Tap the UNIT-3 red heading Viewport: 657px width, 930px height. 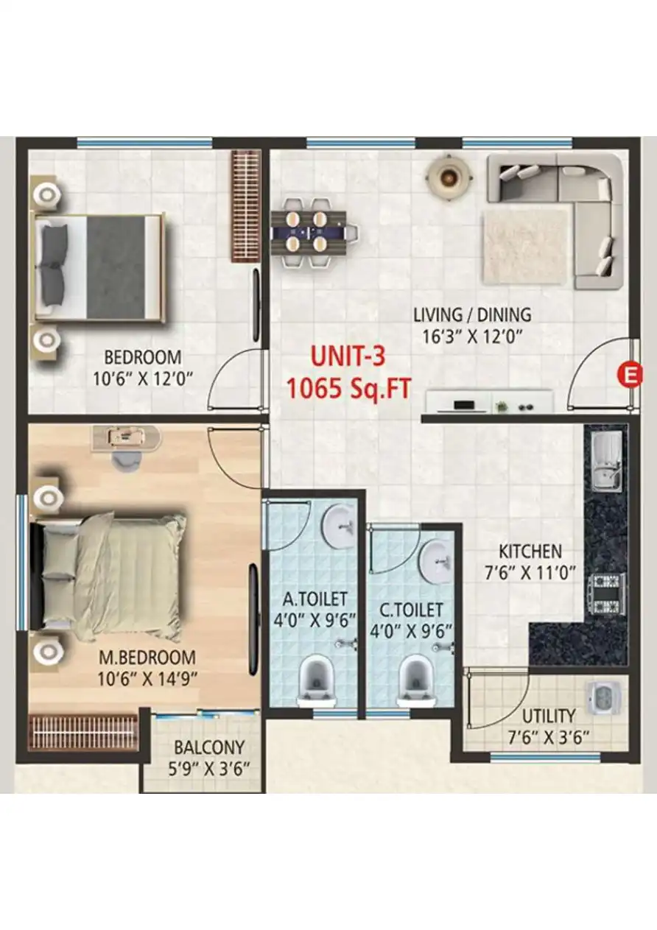[348, 357]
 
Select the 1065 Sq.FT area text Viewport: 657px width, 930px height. [348, 387]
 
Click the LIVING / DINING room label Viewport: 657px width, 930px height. [471, 315]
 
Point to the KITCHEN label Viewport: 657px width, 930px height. [530, 551]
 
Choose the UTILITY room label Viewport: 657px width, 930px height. [549, 716]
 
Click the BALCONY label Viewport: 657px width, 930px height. [208, 744]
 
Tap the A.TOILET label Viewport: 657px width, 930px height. [312, 599]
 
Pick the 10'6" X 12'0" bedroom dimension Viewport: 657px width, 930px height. [142, 380]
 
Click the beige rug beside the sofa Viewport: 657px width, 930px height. [526, 246]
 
